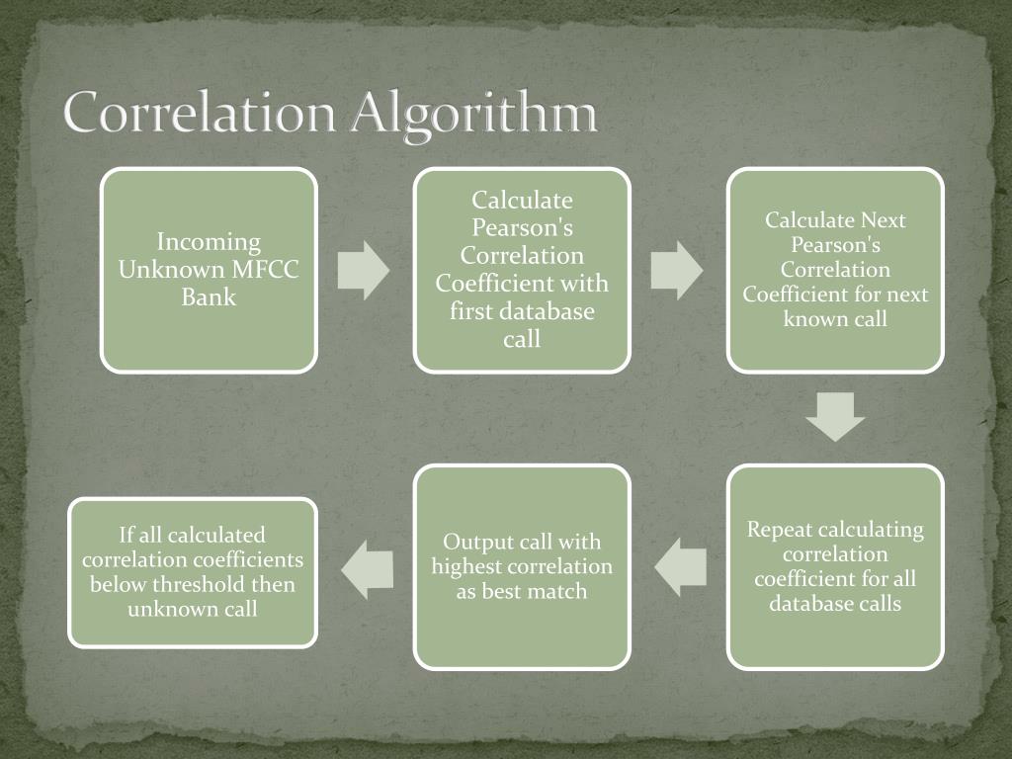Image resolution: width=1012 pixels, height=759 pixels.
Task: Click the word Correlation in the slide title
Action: pyautogui.click(x=198, y=114)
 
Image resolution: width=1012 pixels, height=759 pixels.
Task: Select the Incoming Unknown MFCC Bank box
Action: pyautogui.click(x=209, y=270)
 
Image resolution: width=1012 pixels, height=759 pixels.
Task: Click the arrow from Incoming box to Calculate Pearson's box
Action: pyautogui.click(x=364, y=270)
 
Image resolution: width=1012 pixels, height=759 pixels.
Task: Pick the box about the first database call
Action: pyautogui.click(x=522, y=270)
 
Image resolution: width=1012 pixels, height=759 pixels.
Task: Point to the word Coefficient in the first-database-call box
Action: pyautogui.click(x=484, y=284)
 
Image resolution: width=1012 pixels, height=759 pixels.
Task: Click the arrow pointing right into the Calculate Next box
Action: pyautogui.click(x=677, y=270)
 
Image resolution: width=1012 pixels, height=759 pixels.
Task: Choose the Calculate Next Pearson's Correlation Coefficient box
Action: pyautogui.click(x=835, y=270)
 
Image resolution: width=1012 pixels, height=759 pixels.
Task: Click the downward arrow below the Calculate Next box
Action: pyautogui.click(x=835, y=417)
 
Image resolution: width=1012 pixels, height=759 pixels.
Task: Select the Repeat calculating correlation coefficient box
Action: pyautogui.click(x=835, y=566)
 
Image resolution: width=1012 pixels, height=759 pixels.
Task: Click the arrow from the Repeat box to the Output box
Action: pyautogui.click(x=681, y=566)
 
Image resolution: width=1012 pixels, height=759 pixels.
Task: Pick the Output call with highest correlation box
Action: pyautogui.click(x=522, y=566)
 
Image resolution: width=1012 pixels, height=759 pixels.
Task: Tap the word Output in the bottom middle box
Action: pyautogui.click(x=478, y=542)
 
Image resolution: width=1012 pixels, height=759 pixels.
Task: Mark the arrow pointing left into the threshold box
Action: pyautogui.click(x=367, y=569)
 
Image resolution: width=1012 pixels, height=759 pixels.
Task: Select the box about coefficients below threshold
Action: pyautogui.click(x=193, y=572)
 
